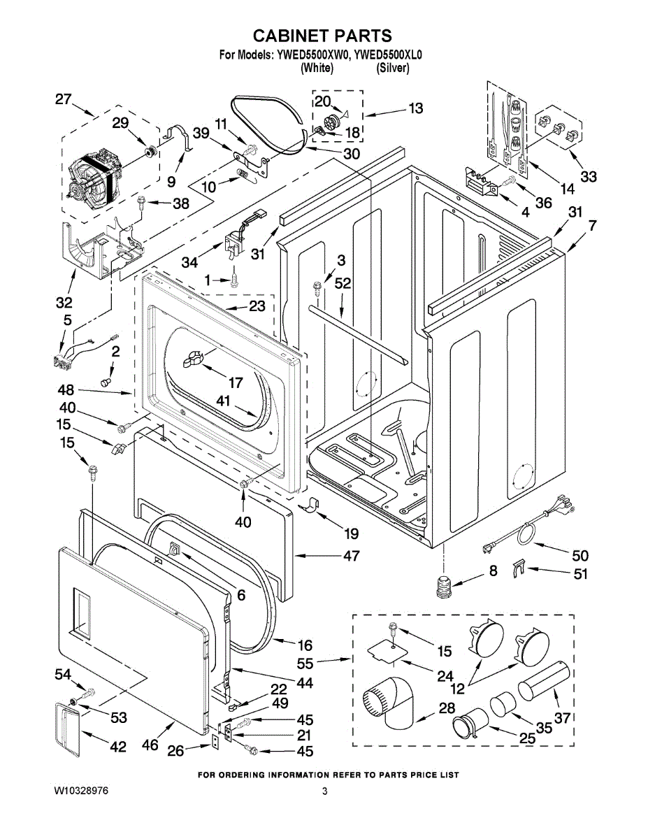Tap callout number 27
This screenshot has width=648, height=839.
[x=64, y=99]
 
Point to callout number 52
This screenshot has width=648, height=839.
[x=343, y=283]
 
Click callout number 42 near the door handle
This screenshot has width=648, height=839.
[x=118, y=747]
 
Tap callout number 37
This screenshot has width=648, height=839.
[x=563, y=717]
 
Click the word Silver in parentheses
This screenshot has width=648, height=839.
[x=393, y=68]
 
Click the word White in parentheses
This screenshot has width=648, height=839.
[x=317, y=68]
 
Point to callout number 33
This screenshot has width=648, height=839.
[x=589, y=177]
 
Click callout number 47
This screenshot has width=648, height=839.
[x=351, y=557]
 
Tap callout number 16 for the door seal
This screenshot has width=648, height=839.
[x=305, y=645]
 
